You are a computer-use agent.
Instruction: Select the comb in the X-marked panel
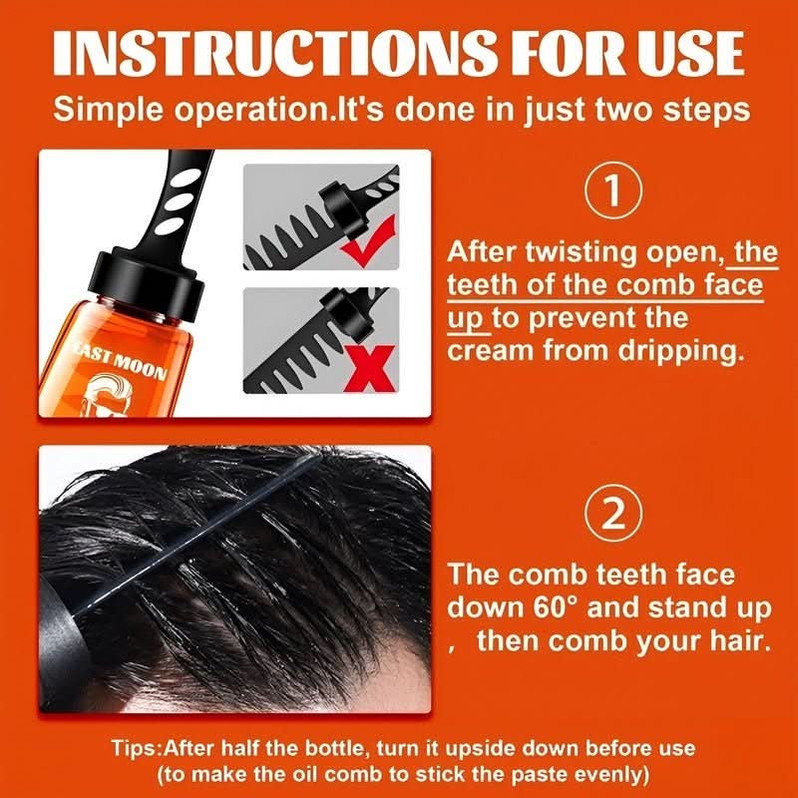299,349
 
